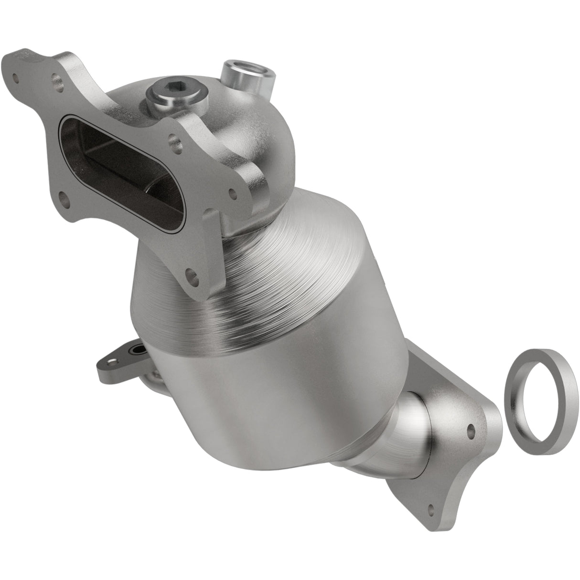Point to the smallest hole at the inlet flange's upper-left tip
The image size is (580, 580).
[x=16, y=76]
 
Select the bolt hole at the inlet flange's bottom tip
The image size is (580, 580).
[x=193, y=276]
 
